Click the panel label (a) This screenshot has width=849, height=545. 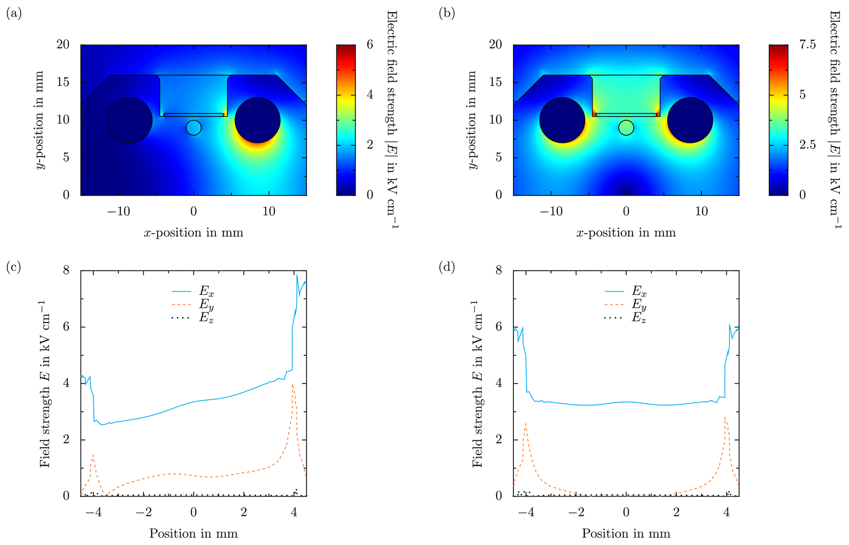click(14, 14)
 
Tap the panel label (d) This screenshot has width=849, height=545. click(446, 268)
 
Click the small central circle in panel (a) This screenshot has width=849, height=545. click(193, 128)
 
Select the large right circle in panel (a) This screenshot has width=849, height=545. click(258, 120)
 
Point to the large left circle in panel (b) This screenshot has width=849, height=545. click(562, 120)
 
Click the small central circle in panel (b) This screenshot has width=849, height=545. click(626, 128)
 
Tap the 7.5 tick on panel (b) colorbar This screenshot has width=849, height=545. click(808, 45)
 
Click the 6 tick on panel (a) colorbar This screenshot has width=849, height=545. click(370, 45)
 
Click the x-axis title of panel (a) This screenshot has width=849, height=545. click(193, 233)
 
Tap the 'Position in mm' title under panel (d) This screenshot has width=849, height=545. click(626, 534)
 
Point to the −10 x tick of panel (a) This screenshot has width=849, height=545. click(118, 212)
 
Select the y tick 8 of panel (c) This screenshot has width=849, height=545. click(66, 271)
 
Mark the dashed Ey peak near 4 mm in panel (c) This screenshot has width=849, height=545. click(292, 385)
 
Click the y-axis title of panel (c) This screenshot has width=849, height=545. click(44, 384)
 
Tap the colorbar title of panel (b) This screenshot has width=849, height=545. click(834, 119)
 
